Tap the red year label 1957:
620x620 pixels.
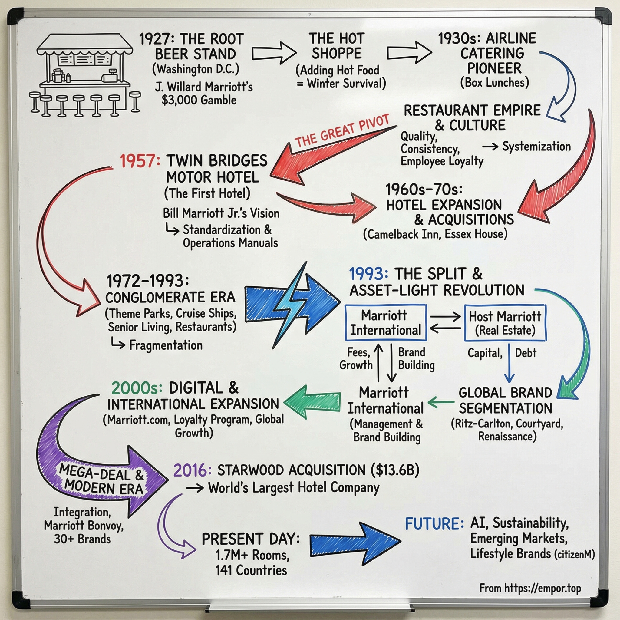pos(140,161)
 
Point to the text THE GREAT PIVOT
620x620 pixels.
pos(342,130)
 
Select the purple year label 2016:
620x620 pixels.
pos(192,471)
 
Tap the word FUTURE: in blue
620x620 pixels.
pos(434,524)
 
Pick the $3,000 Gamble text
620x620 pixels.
pos(199,100)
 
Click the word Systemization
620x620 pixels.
pos(536,146)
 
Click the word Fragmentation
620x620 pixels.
pos(166,345)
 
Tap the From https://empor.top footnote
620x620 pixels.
pos(530,588)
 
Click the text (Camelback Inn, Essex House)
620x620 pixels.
pos(435,234)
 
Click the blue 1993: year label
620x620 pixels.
pos(369,274)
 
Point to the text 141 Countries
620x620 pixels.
pos(251,570)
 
